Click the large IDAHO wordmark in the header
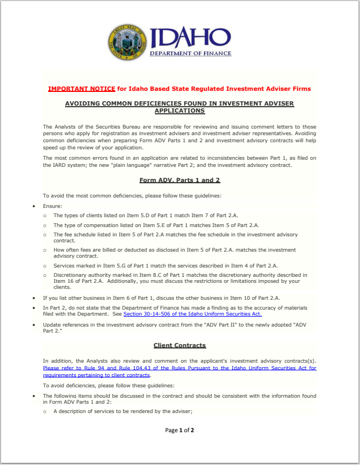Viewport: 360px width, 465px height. tap(190, 37)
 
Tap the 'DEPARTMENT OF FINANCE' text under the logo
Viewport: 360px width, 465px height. tap(190, 54)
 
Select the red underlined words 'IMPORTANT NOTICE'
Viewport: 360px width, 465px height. tap(82, 89)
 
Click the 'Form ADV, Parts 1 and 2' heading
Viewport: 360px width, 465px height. tap(179, 180)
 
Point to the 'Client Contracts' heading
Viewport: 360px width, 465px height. tap(179, 346)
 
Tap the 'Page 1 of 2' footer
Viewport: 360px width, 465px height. tap(179, 431)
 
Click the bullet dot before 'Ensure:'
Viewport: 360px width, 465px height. tap(34, 207)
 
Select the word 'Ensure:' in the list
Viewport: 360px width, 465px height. tap(53, 207)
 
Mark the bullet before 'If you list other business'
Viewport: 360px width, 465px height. tap(34, 298)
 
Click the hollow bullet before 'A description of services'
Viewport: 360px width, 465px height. tap(45, 412)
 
